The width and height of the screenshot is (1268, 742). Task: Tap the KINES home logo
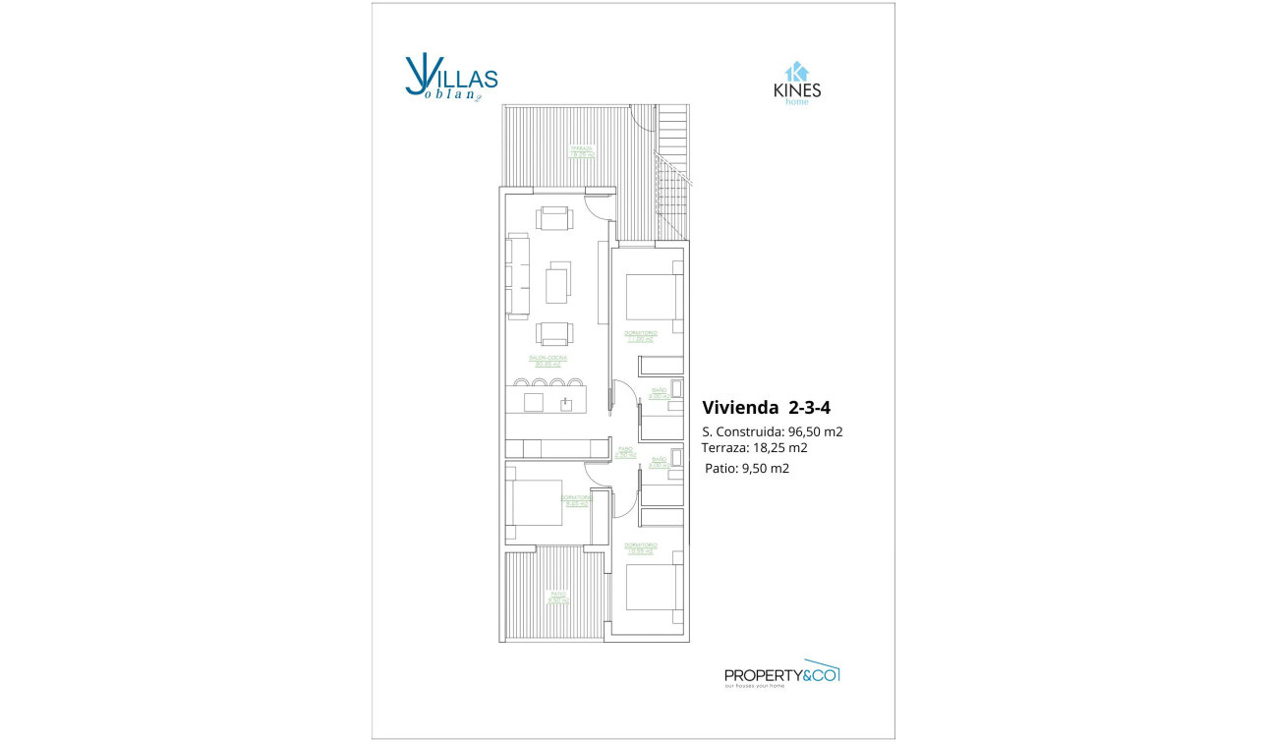click(x=796, y=85)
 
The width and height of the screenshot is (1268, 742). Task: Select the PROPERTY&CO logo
click(x=781, y=674)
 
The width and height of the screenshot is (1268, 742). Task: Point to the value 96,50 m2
click(x=816, y=431)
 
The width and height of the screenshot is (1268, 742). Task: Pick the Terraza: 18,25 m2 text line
click(x=754, y=447)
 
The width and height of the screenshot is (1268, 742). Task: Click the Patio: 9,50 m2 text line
click(x=747, y=469)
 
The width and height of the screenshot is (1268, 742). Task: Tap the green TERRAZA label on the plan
click(x=583, y=151)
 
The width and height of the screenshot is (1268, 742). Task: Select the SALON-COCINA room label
click(x=548, y=361)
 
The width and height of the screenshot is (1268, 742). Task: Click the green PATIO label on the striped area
click(x=558, y=597)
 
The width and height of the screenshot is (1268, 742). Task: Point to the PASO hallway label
click(x=625, y=452)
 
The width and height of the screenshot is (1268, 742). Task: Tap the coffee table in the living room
click(x=557, y=284)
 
